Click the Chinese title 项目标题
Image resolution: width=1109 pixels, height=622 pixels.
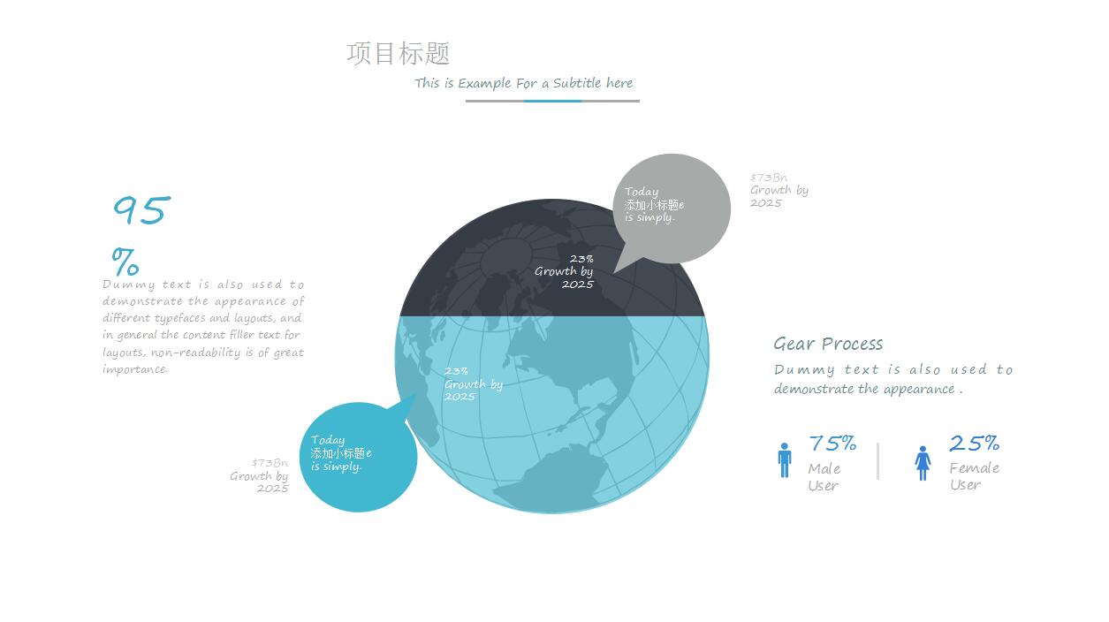pos(398,53)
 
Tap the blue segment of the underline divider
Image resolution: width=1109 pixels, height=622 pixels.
pos(552,101)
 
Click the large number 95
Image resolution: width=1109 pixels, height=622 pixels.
pos(142,209)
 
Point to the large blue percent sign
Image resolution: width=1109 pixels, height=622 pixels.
pos(125,262)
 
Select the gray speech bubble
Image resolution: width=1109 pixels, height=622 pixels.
pos(671,210)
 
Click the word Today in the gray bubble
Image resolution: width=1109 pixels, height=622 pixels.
pos(642,192)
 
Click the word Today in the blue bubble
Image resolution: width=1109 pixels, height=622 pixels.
pos(327,440)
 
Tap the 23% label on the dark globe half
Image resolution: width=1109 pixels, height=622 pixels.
pos(581,259)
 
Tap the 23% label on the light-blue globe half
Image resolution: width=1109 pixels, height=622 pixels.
pos(456,371)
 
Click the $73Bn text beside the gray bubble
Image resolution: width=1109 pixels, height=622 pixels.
pos(769,178)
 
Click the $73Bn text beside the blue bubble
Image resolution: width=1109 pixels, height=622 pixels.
pos(270,463)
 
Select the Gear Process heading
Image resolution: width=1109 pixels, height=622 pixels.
pos(828,344)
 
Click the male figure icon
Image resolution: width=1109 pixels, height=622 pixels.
pos(784,460)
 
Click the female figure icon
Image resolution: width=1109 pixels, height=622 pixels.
pos(923,463)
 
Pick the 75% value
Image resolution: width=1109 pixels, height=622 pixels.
pos(832,444)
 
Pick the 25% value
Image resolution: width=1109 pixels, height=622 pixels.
pos(975,444)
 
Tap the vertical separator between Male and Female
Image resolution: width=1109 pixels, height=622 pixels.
pos(877,461)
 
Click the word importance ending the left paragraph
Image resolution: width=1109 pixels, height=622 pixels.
pos(134,369)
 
